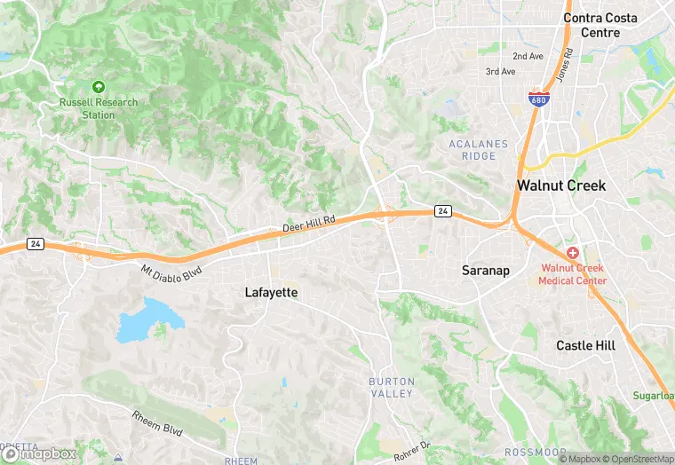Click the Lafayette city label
coord(271,292)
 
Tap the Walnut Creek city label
coord(561,186)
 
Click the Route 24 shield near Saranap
coord(441,211)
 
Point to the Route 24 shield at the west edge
coord(35,244)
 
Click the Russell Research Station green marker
coord(99,87)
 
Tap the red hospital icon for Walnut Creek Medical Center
coord(573,254)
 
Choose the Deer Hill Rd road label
coord(309,226)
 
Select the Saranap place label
coord(486,270)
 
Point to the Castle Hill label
coord(585,345)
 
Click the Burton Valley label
coord(392,387)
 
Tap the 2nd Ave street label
coord(528,56)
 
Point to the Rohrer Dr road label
coord(412,449)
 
